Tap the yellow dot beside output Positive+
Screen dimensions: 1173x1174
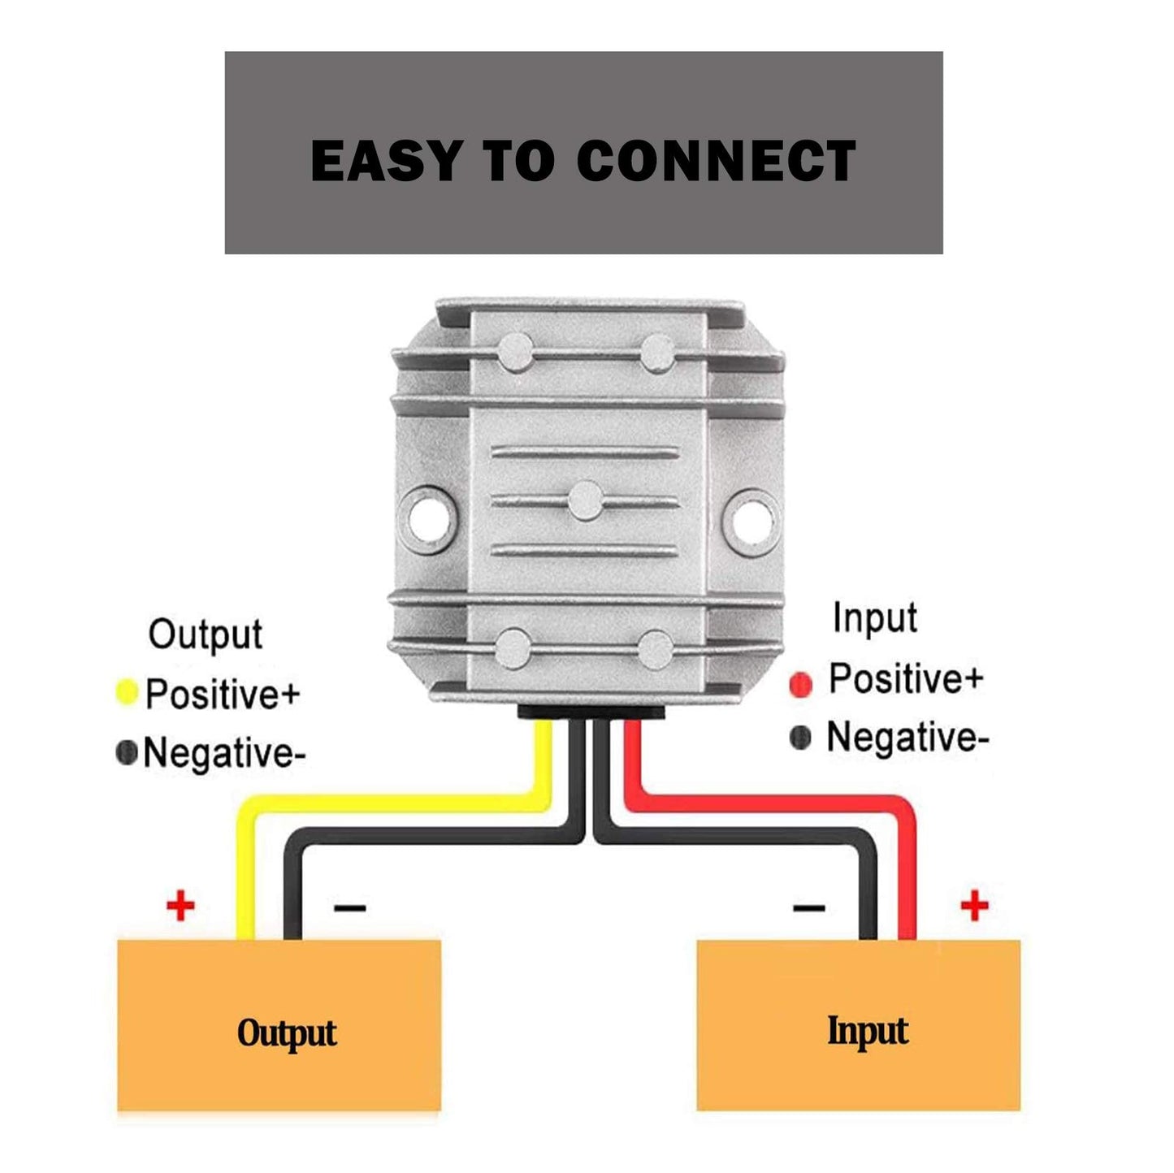[127, 692]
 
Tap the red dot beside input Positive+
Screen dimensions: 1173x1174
[800, 684]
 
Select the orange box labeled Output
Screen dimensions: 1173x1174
[279, 1025]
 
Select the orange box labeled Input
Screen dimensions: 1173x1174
[858, 1025]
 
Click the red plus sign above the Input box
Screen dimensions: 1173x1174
[974, 905]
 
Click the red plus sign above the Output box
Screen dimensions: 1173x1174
[180, 905]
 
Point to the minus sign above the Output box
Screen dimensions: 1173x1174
[349, 907]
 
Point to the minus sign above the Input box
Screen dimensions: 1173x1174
[808, 907]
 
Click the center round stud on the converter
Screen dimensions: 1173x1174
[586, 500]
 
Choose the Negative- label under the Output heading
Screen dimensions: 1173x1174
[224, 753]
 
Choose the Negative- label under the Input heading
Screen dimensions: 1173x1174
[908, 738]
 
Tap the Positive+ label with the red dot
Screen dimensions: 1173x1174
[906, 678]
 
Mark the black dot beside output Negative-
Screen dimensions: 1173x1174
[126, 752]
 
